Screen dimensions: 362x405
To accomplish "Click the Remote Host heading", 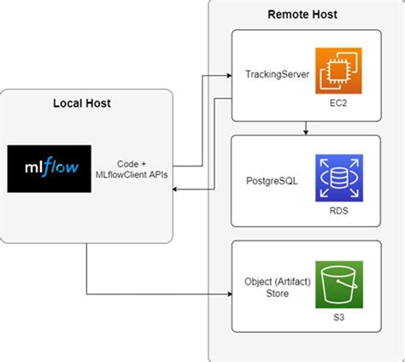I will [x=302, y=14].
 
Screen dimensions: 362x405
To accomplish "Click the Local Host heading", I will [x=83, y=103].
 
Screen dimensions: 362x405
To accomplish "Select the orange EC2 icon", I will [x=339, y=72].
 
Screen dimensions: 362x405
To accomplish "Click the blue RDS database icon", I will [x=339, y=178].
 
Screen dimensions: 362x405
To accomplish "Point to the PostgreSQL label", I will [x=271, y=182].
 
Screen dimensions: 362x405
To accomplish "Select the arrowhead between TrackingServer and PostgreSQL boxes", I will [x=305, y=131].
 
